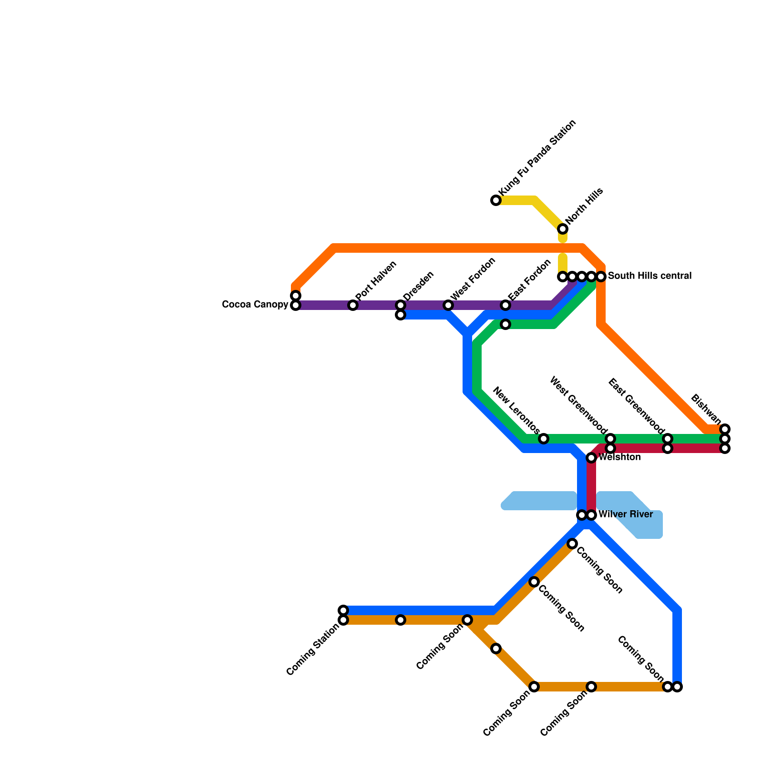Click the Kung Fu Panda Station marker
[x=496, y=200]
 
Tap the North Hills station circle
[x=563, y=229]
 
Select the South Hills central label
[x=650, y=276]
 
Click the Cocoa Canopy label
[x=255, y=305]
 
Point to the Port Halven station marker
[x=353, y=305]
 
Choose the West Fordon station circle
[x=448, y=305]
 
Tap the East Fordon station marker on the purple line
[x=505, y=305]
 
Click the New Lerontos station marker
[x=544, y=439]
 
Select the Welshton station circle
[x=591, y=458]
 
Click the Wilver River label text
[x=625, y=515]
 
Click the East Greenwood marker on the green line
[x=668, y=439]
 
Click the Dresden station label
[x=418, y=286]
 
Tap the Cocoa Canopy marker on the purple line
[x=296, y=305]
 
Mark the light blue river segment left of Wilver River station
[x=539, y=501]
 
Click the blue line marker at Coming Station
[x=343, y=610]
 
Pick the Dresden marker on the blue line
[x=401, y=315]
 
